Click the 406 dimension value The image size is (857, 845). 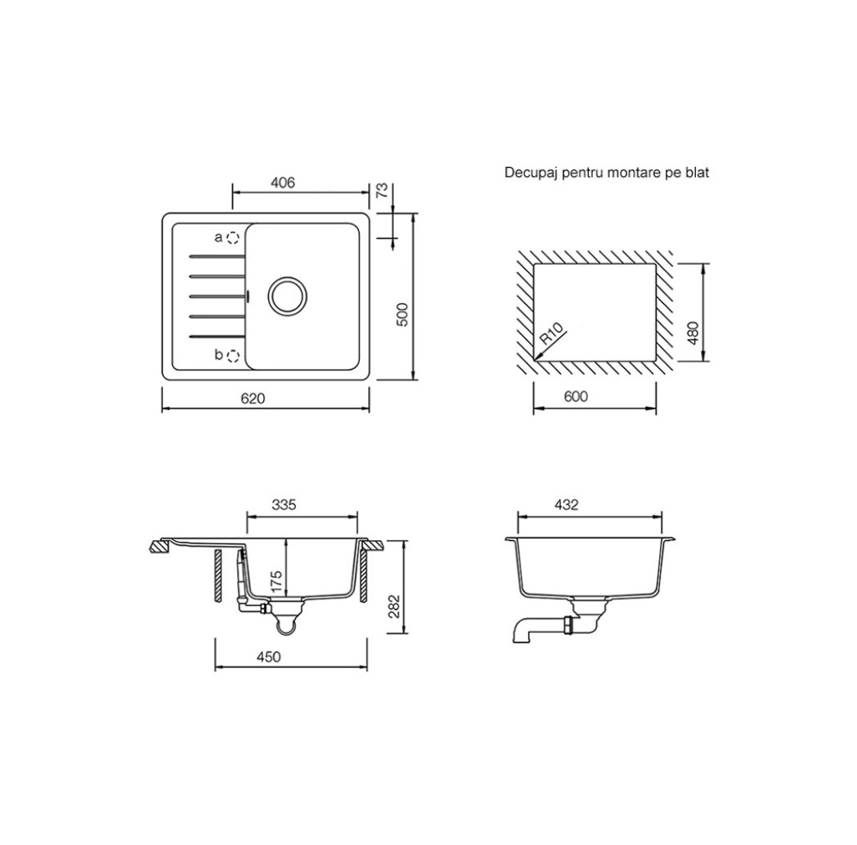coord(282,182)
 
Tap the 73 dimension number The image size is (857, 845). coord(383,190)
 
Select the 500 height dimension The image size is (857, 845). coord(402,315)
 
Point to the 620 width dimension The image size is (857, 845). coord(252,399)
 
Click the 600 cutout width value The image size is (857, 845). coord(576,397)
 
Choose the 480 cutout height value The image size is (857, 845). coord(692,333)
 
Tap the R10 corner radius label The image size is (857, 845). coord(551,334)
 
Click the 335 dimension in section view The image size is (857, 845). coord(284,504)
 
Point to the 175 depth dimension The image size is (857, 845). coord(276,582)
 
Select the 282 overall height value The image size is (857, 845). coord(394,606)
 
